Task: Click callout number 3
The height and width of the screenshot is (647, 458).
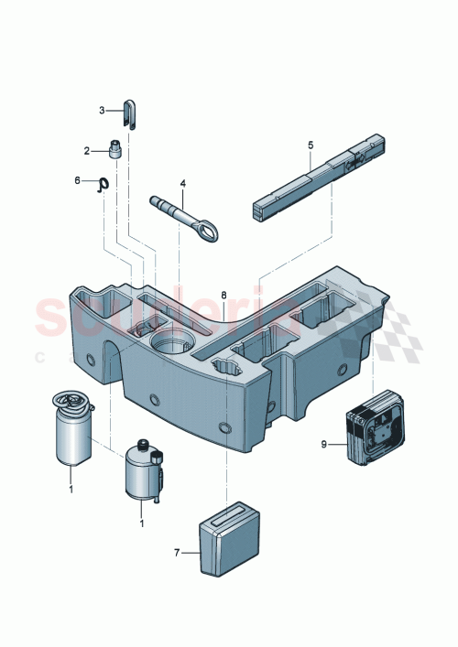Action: coord(103,111)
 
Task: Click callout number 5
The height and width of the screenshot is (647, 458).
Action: coord(310,146)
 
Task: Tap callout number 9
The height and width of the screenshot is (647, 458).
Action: coord(323,446)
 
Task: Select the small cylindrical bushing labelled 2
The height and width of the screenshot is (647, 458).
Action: coord(116,147)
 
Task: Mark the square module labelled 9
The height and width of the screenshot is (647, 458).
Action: coord(375,429)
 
